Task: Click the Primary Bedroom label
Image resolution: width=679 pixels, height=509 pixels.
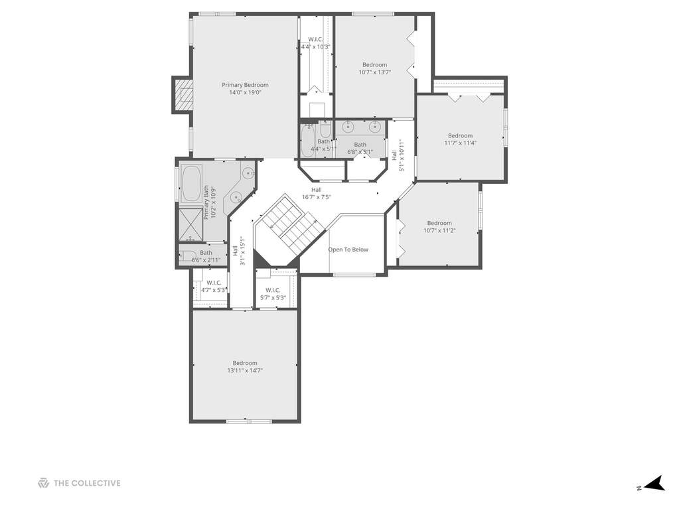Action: [245, 85]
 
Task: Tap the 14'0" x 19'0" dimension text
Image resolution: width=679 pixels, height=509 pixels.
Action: [245, 92]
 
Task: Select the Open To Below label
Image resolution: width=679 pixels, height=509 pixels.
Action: [348, 250]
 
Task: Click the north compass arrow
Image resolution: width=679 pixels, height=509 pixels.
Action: [656, 484]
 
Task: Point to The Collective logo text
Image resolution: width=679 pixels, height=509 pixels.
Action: [87, 483]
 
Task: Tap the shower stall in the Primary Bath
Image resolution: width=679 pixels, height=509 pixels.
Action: [191, 224]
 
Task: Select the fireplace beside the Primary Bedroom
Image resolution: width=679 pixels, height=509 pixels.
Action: [183, 95]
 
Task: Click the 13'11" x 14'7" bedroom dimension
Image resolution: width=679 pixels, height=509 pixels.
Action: [245, 370]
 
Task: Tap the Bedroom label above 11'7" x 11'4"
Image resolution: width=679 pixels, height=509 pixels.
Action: [461, 135]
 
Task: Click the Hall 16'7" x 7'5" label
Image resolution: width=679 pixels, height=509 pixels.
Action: [317, 194]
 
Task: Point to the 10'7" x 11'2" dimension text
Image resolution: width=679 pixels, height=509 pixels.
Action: [439, 231]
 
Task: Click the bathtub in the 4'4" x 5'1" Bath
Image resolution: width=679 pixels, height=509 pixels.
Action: [309, 140]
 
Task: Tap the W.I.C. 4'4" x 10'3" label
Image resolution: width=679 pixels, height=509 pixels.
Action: [316, 43]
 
